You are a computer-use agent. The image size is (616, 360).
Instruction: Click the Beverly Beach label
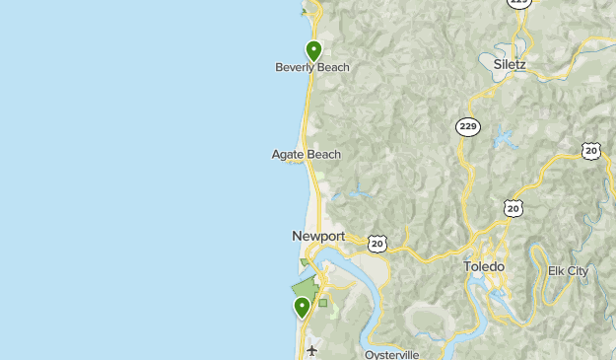(311, 68)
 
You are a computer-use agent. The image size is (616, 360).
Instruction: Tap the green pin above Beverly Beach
(313, 50)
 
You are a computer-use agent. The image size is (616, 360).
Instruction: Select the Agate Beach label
(307, 154)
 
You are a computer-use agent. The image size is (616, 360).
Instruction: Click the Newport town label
(318, 237)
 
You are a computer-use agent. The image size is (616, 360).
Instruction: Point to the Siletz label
(510, 65)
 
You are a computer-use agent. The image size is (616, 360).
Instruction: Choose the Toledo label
(484, 267)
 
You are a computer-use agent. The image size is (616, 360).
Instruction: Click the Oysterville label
(392, 354)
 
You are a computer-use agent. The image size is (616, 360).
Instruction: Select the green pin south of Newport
(303, 308)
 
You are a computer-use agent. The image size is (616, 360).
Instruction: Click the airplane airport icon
(312, 350)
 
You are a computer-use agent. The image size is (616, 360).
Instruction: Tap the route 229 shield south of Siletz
(467, 126)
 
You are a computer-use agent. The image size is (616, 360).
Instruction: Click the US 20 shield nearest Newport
(377, 243)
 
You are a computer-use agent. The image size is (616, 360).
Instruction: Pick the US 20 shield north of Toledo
(513, 208)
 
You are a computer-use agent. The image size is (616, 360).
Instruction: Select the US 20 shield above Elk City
(590, 151)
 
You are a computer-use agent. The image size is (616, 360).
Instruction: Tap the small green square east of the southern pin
(322, 303)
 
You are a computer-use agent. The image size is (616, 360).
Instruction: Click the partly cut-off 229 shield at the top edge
(519, 3)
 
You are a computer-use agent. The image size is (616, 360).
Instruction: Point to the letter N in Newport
(297, 237)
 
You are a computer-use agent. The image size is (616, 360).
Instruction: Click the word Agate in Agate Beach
(288, 154)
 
